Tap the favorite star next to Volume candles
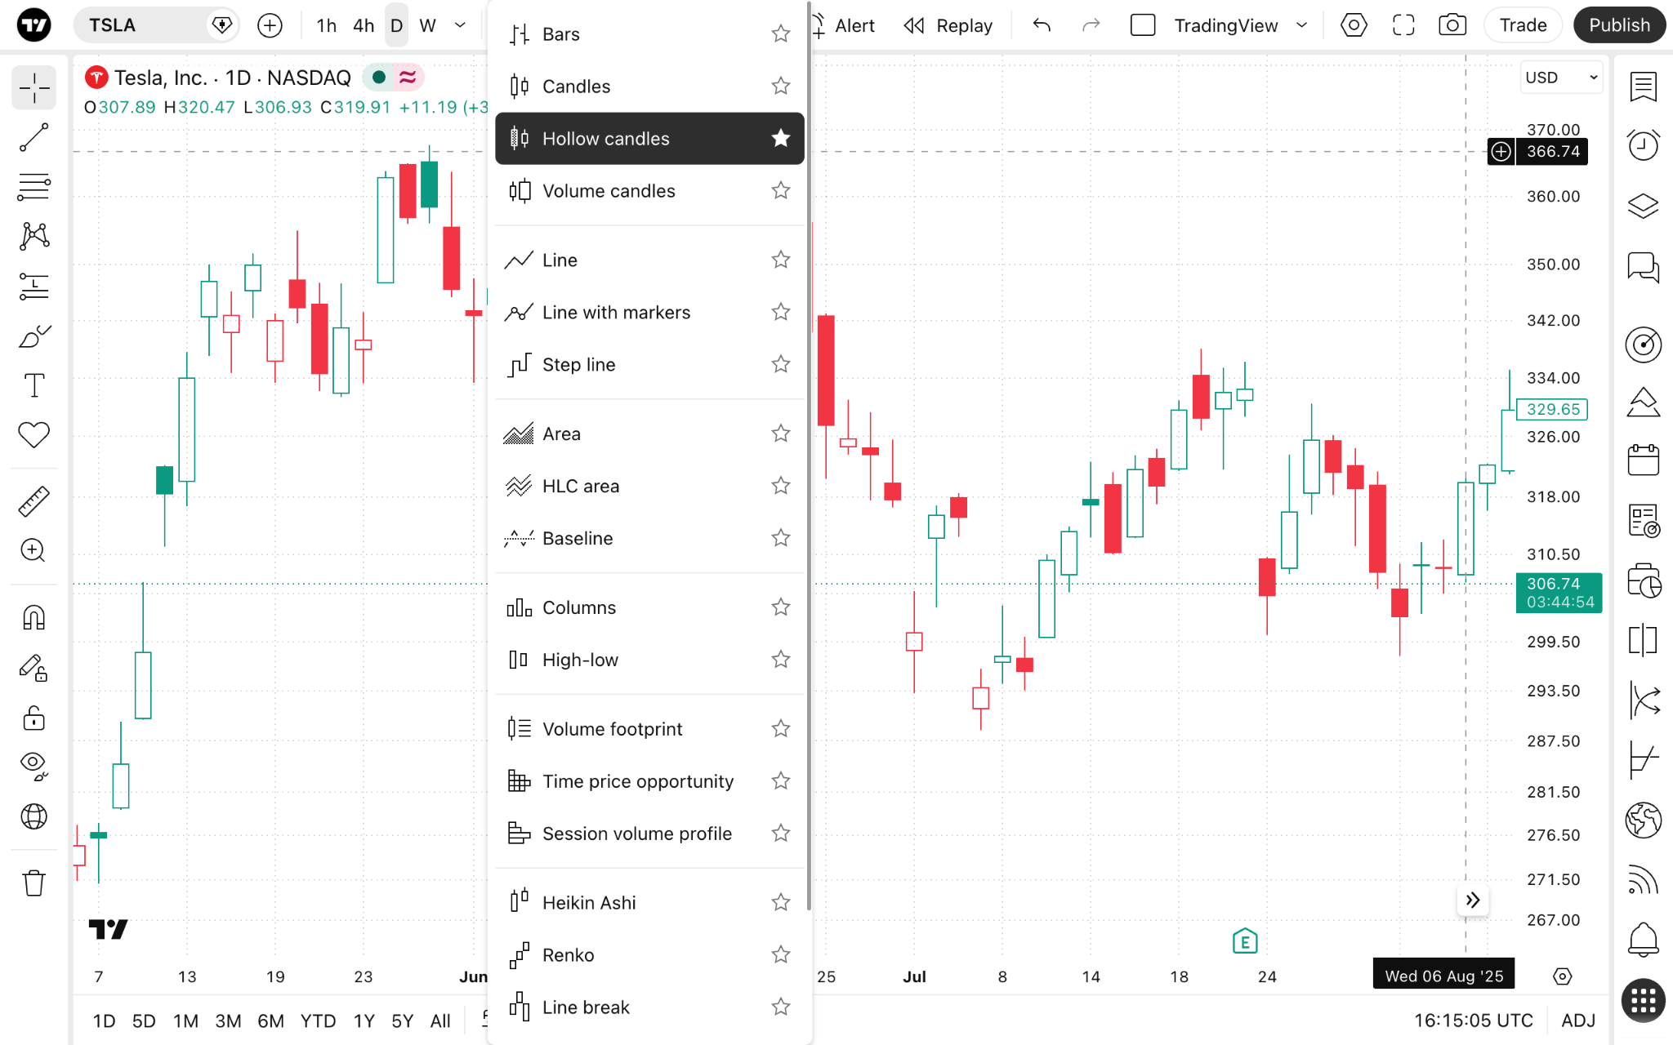click(781, 190)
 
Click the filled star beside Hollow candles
click(781, 138)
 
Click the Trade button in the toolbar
click(1523, 25)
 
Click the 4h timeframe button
click(364, 25)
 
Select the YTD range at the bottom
click(318, 1021)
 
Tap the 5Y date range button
click(403, 1021)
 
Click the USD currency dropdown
click(1560, 78)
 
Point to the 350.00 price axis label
click(1553, 265)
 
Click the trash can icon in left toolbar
click(33, 883)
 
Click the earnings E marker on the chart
click(1245, 941)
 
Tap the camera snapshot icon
click(1452, 25)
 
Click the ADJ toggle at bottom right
click(1578, 1021)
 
